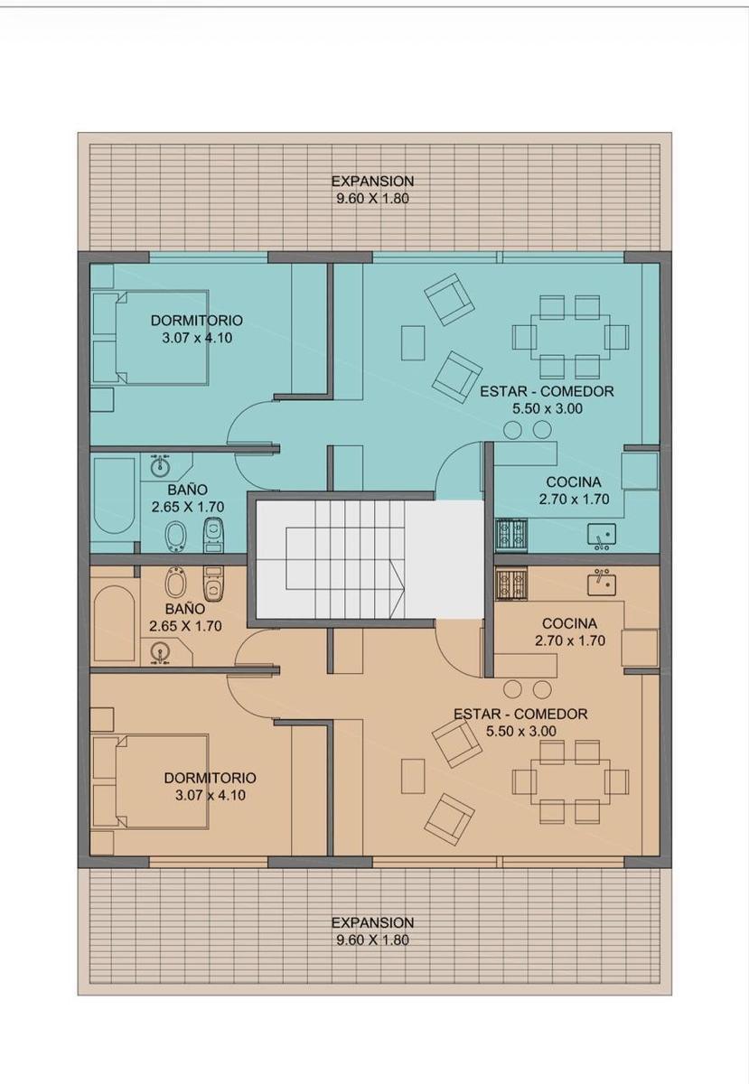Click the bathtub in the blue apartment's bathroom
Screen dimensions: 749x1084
pyautogui.click(x=115, y=496)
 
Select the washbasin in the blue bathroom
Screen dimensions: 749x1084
pyautogui.click(x=160, y=468)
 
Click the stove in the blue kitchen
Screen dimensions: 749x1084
pyautogui.click(x=511, y=534)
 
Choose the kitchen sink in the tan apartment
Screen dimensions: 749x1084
pyautogui.click(x=602, y=583)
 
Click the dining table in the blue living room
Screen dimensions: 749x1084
pyautogui.click(x=570, y=337)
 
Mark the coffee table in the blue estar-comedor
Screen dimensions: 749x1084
pyautogui.click(x=413, y=343)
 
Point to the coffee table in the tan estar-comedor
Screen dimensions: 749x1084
pyautogui.click(x=413, y=776)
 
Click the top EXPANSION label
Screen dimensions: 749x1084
pyautogui.click(x=372, y=182)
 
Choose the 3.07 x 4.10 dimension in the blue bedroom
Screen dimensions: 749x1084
pyautogui.click(x=197, y=338)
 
